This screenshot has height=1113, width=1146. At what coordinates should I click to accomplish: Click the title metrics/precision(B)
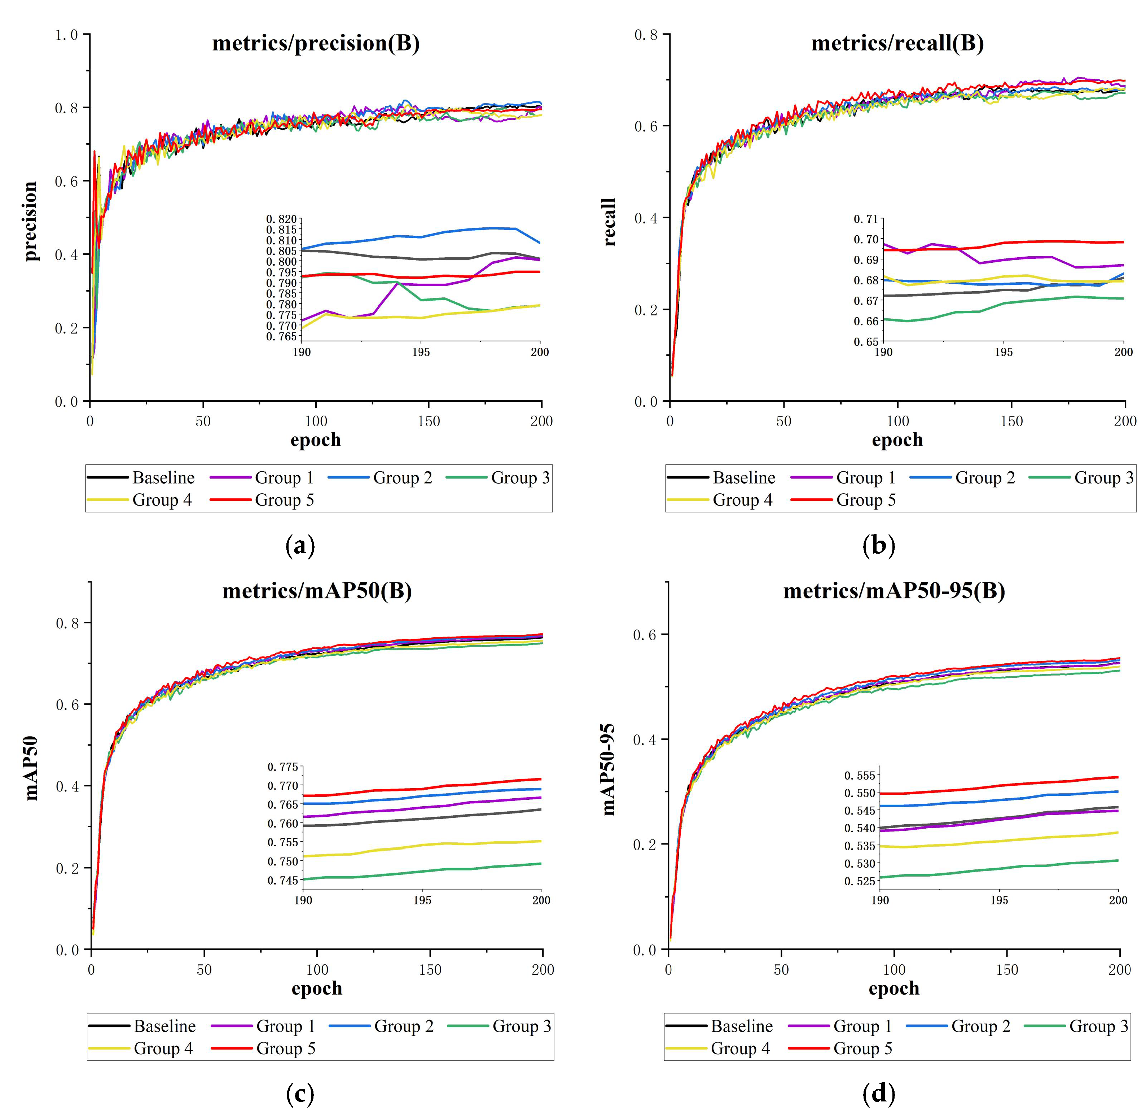click(x=316, y=44)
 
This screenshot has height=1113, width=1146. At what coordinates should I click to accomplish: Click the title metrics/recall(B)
click(x=897, y=44)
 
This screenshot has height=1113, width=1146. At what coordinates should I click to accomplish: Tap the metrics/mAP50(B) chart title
click(x=317, y=591)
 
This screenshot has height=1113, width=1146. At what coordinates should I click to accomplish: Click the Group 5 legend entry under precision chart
click(x=284, y=500)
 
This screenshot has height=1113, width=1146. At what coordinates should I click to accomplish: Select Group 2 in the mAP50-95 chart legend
click(x=980, y=1026)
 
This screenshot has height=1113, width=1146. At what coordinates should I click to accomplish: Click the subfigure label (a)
click(x=300, y=546)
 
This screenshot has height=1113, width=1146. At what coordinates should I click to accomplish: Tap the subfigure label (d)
click(x=879, y=1092)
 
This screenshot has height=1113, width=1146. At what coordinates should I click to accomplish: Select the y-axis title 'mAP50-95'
click(x=608, y=769)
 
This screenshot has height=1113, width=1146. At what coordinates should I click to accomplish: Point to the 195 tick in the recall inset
click(x=1004, y=352)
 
